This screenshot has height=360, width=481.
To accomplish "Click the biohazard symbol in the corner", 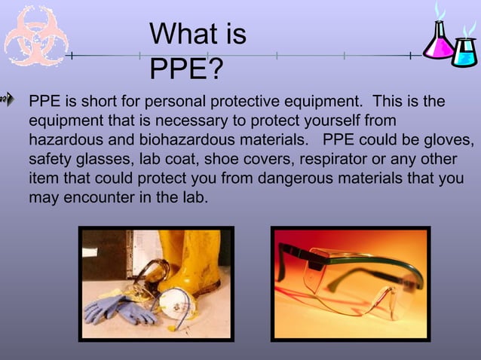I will pos(36,35).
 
